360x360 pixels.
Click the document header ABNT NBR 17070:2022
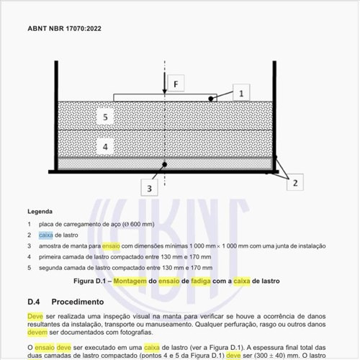64,30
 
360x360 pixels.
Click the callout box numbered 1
242,93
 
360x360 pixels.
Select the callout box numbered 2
294,183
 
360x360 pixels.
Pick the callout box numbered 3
149,189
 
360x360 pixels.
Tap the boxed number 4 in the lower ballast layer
104,145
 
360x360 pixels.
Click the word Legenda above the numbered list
40,212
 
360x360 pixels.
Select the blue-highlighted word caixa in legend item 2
46,235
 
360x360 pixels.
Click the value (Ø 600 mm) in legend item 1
137,224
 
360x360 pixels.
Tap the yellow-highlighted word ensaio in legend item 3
116,246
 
